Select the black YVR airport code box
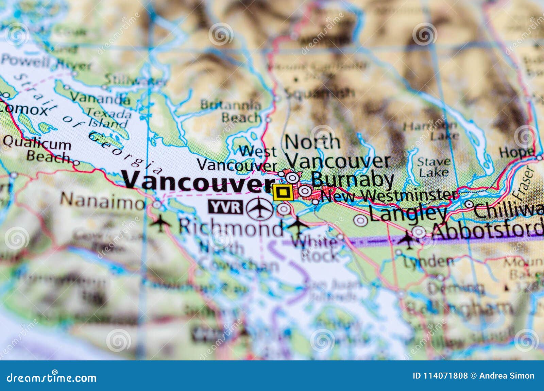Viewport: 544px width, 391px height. click(x=226, y=207)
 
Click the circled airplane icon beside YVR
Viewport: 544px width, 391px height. click(x=260, y=208)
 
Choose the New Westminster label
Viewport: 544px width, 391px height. click(x=389, y=195)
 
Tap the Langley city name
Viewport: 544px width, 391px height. click(x=408, y=214)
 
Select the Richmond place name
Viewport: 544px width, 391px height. click(x=231, y=226)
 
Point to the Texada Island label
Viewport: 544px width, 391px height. click(x=108, y=117)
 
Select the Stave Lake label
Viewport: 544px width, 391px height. click(x=434, y=167)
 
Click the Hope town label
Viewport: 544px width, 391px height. click(x=516, y=153)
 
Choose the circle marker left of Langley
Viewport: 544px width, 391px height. click(x=360, y=220)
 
